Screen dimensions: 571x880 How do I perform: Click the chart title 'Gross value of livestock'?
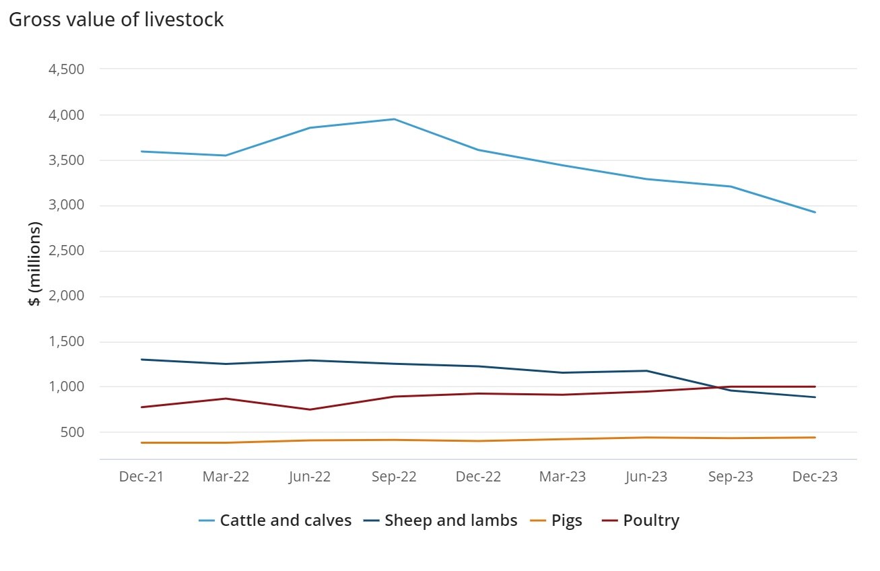pyautogui.click(x=116, y=20)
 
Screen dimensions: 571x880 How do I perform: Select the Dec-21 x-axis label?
pyautogui.click(x=141, y=477)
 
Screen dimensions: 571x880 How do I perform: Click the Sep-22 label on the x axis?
pyautogui.click(x=394, y=477)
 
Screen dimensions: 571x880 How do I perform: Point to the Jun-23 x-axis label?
pyautogui.click(x=646, y=477)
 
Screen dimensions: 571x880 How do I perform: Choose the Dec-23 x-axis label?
pyautogui.click(x=815, y=477)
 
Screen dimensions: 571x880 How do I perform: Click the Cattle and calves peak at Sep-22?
pyautogui.click(x=394, y=119)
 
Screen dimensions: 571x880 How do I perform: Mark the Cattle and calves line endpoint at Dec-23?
pyautogui.click(x=815, y=212)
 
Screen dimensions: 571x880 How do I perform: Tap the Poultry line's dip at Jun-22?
pyautogui.click(x=310, y=409)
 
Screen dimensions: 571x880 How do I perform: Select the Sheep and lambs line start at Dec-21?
pyautogui.click(x=141, y=360)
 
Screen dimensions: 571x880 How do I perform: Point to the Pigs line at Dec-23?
pyautogui.click(x=815, y=438)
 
